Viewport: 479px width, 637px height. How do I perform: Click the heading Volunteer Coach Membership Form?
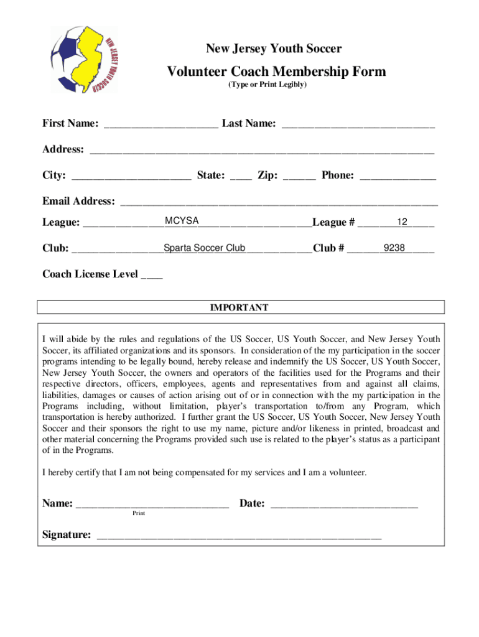pos(276,72)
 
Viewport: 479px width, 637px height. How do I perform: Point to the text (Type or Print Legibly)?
pos(267,85)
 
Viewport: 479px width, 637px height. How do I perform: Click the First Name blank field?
pos(161,124)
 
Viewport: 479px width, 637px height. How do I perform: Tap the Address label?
pos(63,149)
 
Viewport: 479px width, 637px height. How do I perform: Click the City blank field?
pos(131,175)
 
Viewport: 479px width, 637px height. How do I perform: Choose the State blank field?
pos(241,175)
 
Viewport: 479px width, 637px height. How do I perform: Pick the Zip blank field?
pos(299,175)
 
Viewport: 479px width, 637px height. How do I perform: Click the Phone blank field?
pos(398,175)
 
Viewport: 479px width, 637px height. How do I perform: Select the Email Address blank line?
pos(279,202)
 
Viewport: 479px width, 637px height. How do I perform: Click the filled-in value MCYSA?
pos(182,221)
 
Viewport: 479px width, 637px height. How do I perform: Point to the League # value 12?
pos(402,222)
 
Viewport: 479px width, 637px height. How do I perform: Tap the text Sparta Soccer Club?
pos(205,248)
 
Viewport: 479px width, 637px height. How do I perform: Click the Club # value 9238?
pos(394,248)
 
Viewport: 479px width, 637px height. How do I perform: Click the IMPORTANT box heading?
pos(240,307)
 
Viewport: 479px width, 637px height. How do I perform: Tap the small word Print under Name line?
pos(138,514)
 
